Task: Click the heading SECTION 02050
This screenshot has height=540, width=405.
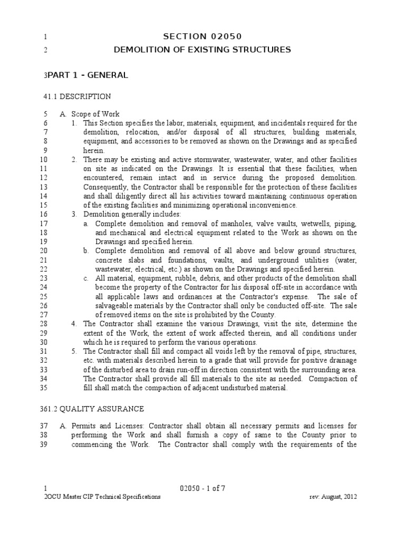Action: point(202,36)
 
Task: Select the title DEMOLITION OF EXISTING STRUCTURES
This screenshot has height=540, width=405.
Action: point(202,50)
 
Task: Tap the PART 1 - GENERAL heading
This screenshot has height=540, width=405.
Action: point(87,75)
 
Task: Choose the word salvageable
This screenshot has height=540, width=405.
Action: point(115,306)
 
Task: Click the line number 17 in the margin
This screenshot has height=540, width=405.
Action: point(44,224)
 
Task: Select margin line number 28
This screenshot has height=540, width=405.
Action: point(44,324)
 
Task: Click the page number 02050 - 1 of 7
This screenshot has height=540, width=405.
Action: point(202,488)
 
